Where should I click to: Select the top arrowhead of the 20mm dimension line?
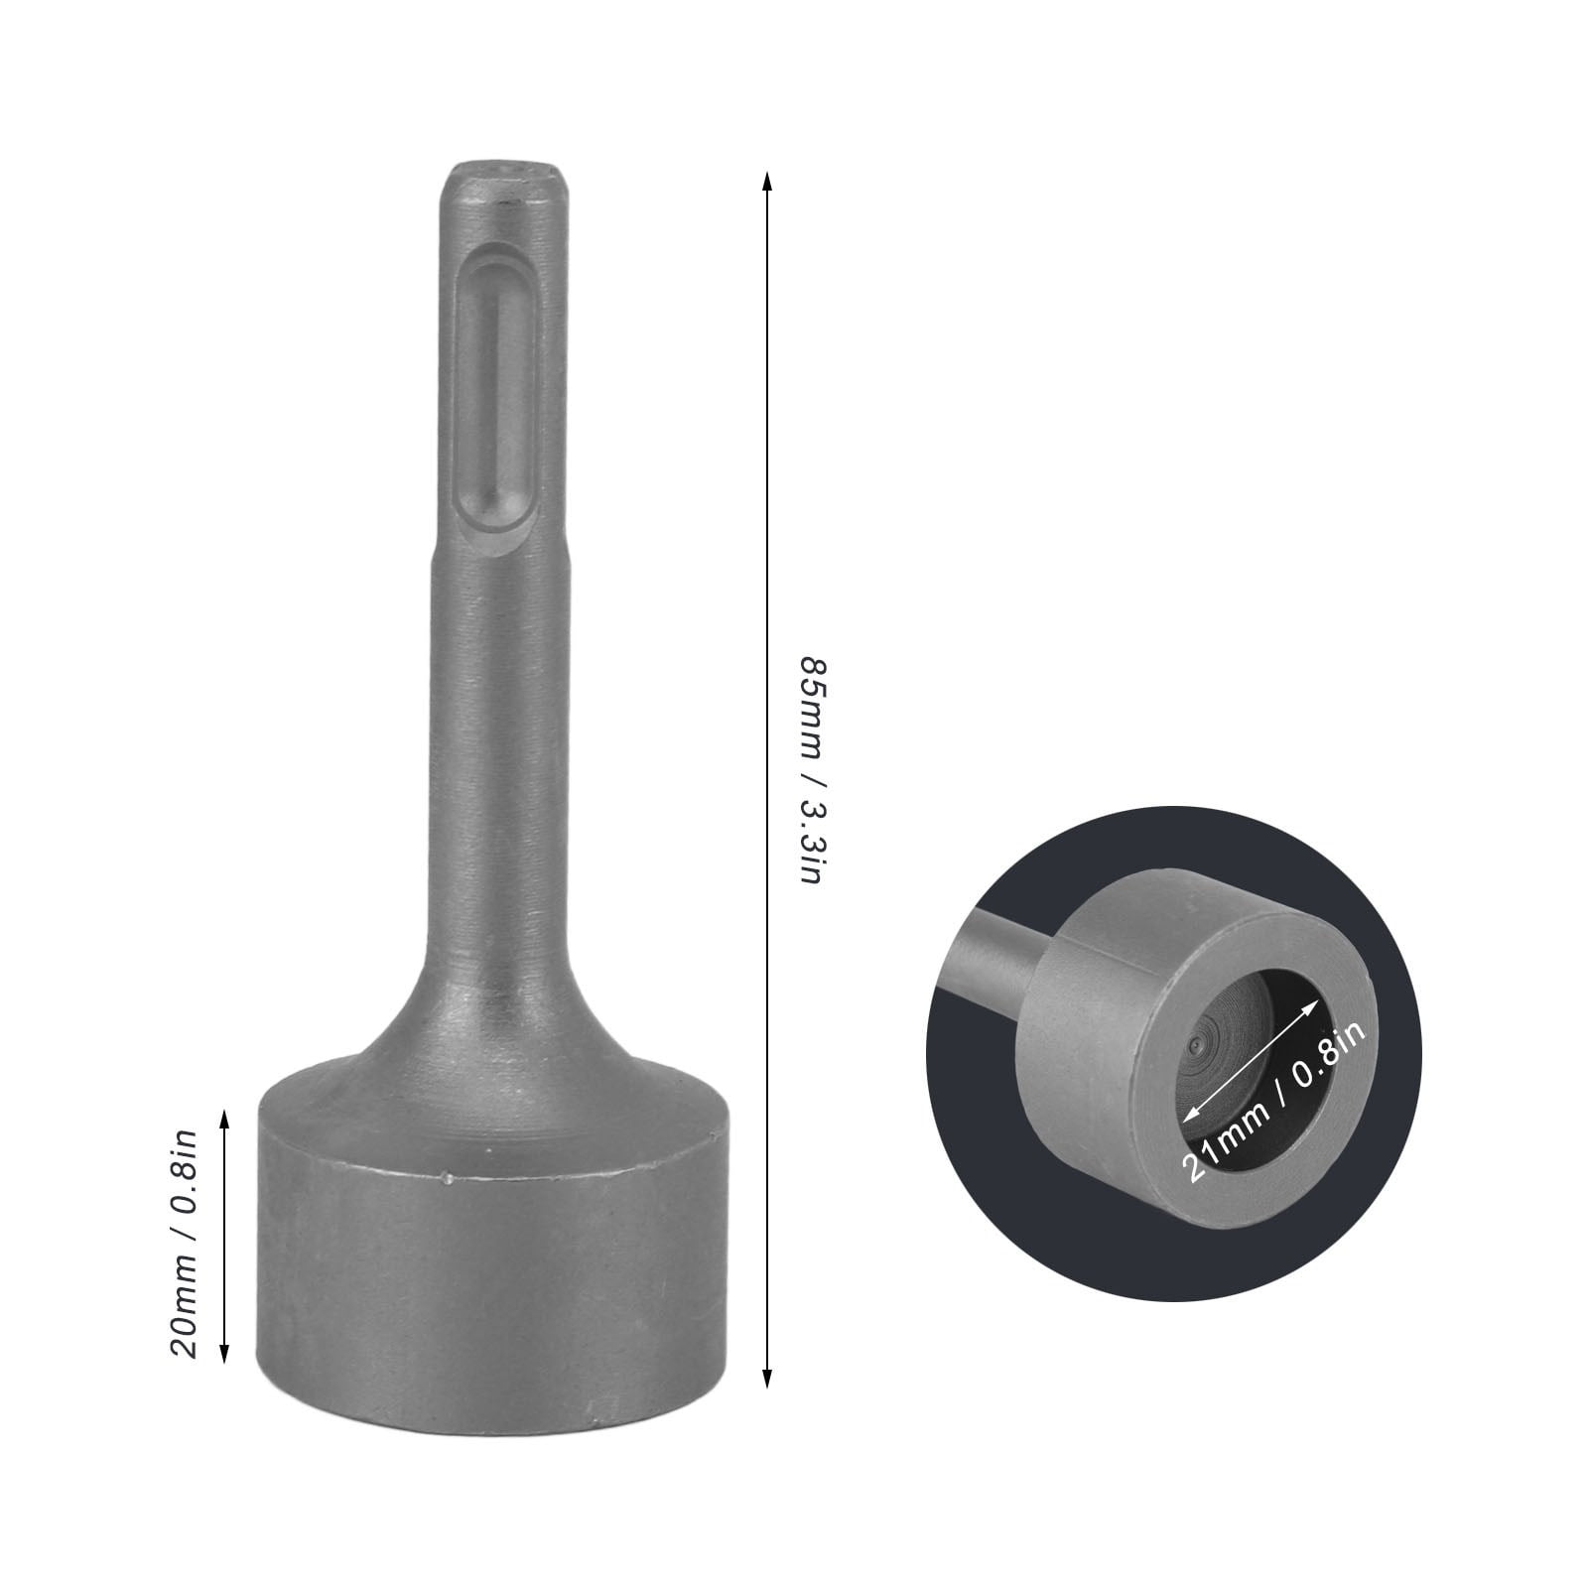coord(225,1120)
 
